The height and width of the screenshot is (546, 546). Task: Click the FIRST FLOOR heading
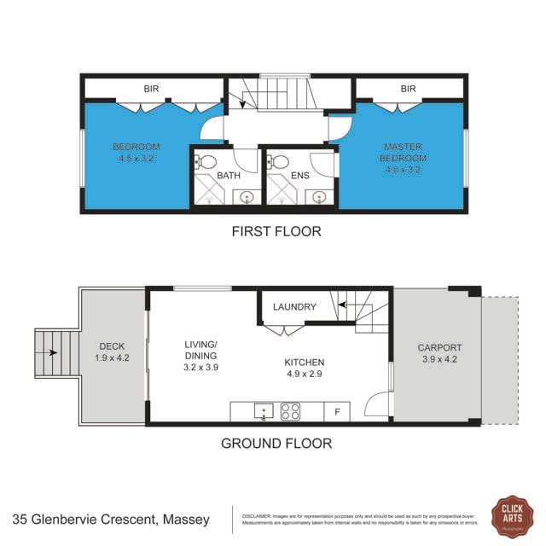276,231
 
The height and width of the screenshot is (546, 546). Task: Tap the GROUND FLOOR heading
276,443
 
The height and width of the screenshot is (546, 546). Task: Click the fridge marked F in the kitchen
338,412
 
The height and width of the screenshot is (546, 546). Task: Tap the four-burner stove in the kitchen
290,412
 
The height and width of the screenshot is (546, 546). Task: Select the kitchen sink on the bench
263,412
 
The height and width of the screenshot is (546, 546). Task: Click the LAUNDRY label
294,307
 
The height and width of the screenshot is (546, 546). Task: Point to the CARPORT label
439,347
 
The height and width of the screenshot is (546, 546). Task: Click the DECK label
112,346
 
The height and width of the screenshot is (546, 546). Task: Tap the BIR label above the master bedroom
408,88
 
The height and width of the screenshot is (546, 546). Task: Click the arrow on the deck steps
52,351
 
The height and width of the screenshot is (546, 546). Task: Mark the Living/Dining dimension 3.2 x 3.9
201,367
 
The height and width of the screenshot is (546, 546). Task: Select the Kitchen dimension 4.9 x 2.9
305,374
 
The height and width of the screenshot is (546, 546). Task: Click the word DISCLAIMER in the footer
257,516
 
